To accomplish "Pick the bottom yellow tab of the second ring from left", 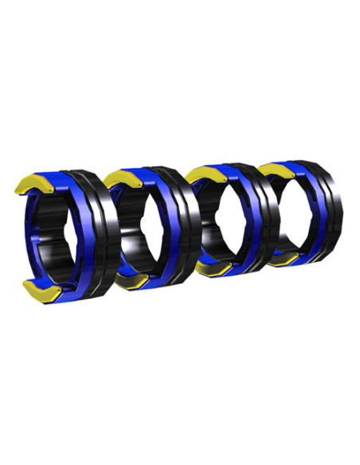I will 130,280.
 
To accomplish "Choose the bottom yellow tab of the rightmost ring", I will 282,259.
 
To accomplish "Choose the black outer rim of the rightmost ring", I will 335,207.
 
